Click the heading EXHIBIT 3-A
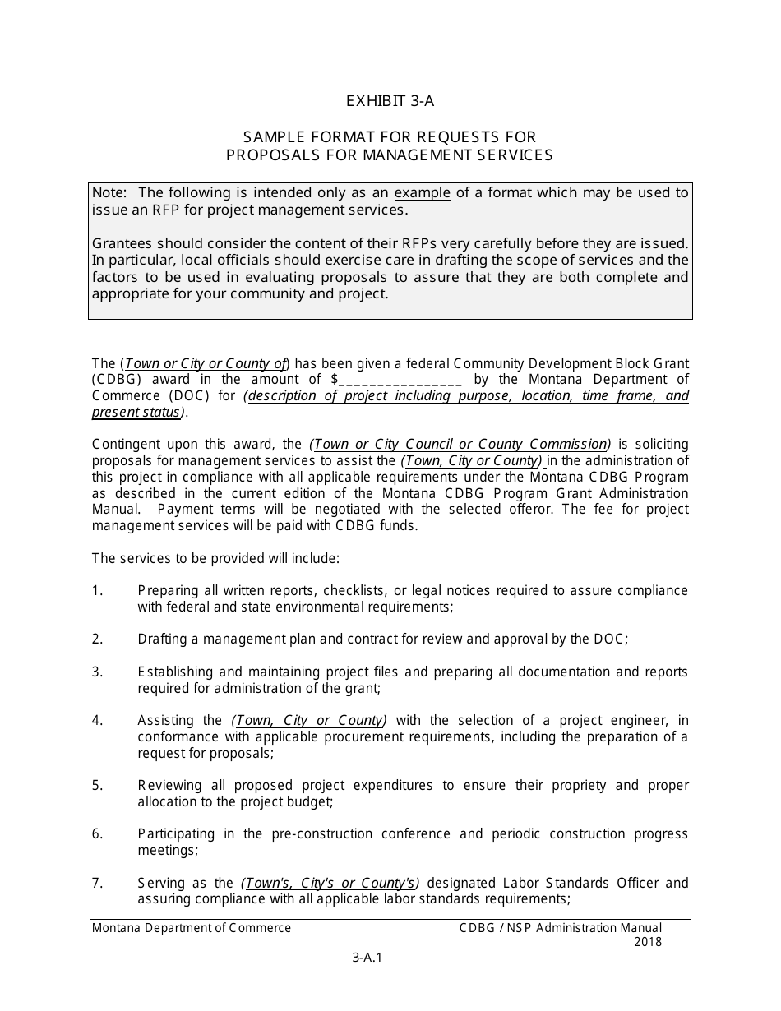coord(390,101)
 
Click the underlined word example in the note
coord(422,193)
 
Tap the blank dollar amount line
coord(400,380)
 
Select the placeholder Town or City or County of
coord(206,363)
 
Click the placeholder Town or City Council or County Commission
coord(460,445)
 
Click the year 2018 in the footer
coord(648,942)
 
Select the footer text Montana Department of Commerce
coord(191,928)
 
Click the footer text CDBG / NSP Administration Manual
coord(560,928)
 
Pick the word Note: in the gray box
coord(109,193)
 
